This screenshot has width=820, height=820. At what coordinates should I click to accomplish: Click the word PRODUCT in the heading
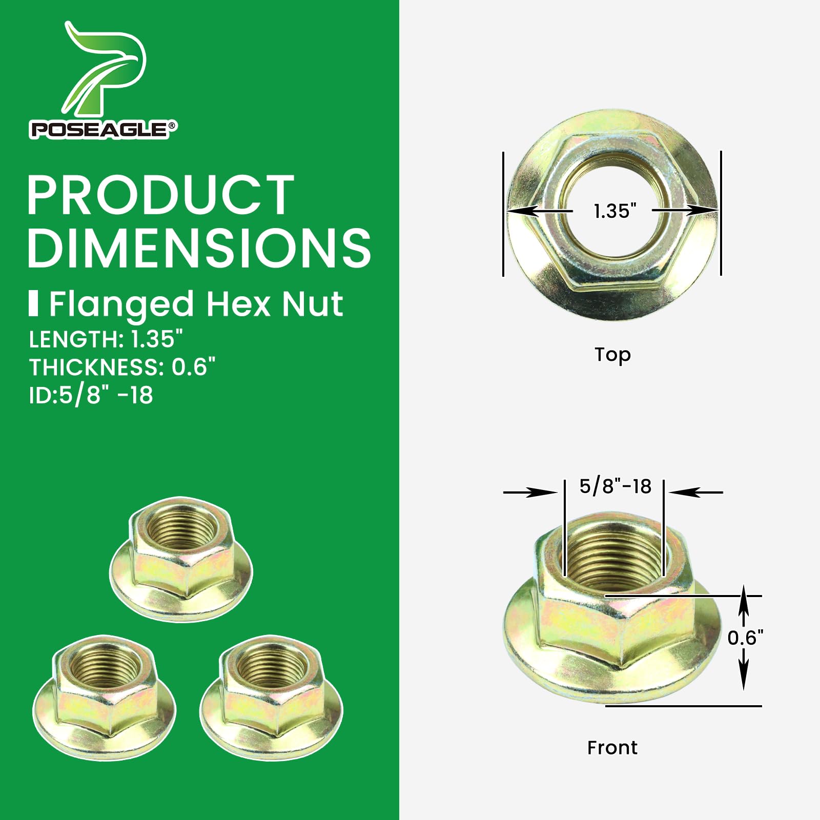point(160,195)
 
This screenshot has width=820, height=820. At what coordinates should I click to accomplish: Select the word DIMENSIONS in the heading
point(199,248)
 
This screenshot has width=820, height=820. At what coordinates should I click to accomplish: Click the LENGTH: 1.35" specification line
point(106,339)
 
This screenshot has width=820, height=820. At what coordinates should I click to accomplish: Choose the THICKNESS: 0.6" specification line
point(122,367)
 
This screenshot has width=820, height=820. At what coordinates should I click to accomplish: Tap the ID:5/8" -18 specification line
point(91,396)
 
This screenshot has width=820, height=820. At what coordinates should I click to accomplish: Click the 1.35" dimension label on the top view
point(615,211)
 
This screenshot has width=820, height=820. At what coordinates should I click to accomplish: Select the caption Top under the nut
point(612,355)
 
